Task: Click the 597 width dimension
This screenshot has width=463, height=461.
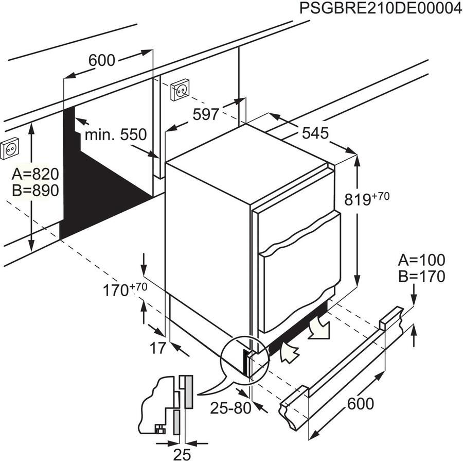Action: (x=206, y=114)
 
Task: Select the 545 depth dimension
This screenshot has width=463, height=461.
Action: (x=315, y=133)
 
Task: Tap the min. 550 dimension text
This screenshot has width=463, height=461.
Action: (x=115, y=135)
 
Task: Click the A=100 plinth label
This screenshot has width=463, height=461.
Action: (x=421, y=260)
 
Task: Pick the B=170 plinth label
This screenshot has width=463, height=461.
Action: (x=421, y=277)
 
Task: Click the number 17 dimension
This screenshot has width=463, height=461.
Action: (x=158, y=348)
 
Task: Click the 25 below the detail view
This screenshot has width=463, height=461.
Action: (x=182, y=453)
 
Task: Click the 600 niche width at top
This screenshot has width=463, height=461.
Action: (x=101, y=60)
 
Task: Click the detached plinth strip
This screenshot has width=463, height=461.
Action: (x=340, y=366)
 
